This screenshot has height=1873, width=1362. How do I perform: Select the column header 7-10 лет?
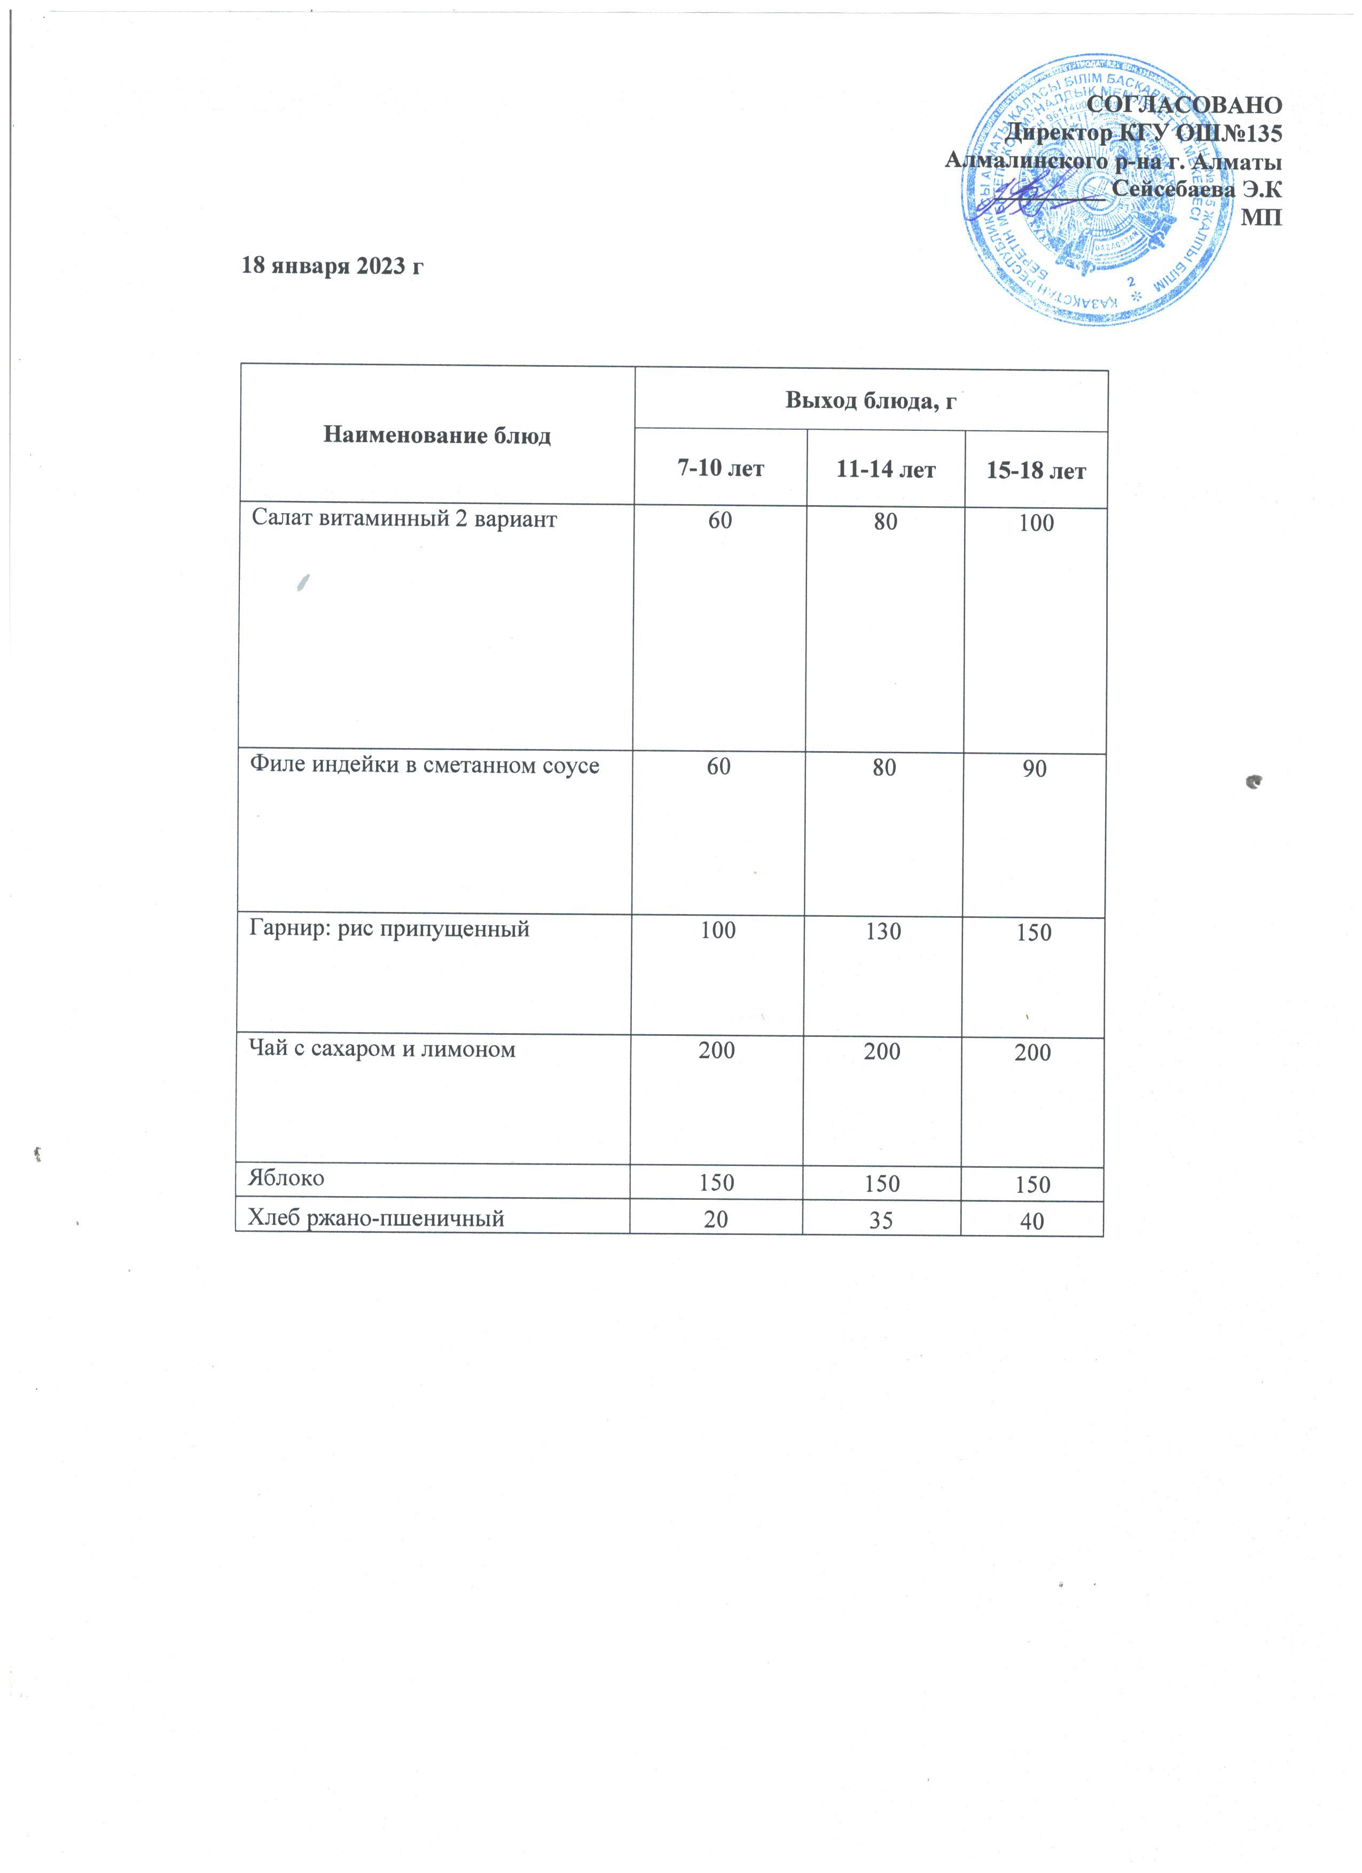click(x=720, y=469)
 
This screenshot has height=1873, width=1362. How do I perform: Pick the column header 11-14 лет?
click(x=886, y=471)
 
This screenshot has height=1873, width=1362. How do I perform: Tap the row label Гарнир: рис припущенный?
click(x=389, y=929)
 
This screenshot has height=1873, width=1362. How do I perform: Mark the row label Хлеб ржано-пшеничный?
click(x=377, y=1217)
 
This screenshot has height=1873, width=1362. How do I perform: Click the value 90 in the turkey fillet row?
click(x=1034, y=769)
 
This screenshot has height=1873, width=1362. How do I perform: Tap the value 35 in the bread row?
click(x=881, y=1220)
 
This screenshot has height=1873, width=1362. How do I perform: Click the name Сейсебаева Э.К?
click(x=1197, y=189)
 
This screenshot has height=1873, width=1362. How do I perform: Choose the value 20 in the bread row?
click(x=716, y=1219)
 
